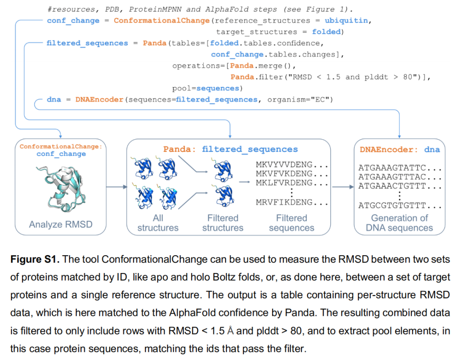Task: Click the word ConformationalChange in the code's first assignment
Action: click(x=162, y=20)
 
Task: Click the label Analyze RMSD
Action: click(x=60, y=224)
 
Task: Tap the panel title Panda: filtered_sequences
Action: click(x=230, y=149)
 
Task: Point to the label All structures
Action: click(x=158, y=223)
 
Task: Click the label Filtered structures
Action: click(x=223, y=223)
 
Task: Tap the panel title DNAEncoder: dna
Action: click(x=399, y=149)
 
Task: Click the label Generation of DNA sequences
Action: click(x=399, y=223)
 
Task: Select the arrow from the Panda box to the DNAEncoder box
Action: click(x=343, y=187)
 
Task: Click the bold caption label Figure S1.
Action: click(x=34, y=259)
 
